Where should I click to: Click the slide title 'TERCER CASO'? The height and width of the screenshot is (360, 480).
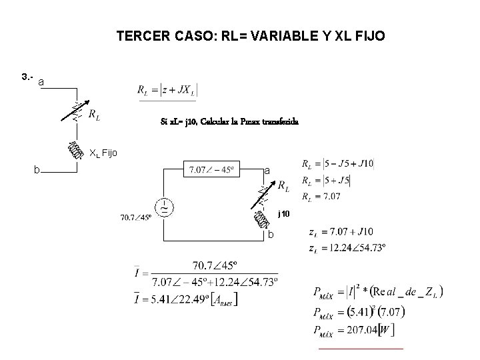(250, 36)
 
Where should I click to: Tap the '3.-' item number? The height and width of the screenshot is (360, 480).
(28, 77)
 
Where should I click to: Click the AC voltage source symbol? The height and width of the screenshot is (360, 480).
(163, 207)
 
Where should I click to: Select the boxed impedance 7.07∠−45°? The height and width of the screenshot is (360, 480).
(211, 169)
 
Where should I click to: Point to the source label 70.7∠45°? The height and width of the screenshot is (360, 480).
(136, 217)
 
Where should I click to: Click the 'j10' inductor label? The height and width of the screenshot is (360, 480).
(284, 214)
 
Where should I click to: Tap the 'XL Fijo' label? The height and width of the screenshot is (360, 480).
(103, 153)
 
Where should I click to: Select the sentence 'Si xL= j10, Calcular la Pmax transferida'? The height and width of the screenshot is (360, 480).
(229, 122)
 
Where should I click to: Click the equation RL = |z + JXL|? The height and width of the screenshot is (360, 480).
(167, 90)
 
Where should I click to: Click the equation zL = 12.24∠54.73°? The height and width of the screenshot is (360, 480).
(349, 247)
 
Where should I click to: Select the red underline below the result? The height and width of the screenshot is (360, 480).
(361, 348)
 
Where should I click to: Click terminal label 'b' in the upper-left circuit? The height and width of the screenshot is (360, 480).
(37, 170)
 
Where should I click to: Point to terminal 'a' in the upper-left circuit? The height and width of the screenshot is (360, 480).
(41, 81)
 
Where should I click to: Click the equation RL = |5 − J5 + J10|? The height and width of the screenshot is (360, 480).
(339, 163)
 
